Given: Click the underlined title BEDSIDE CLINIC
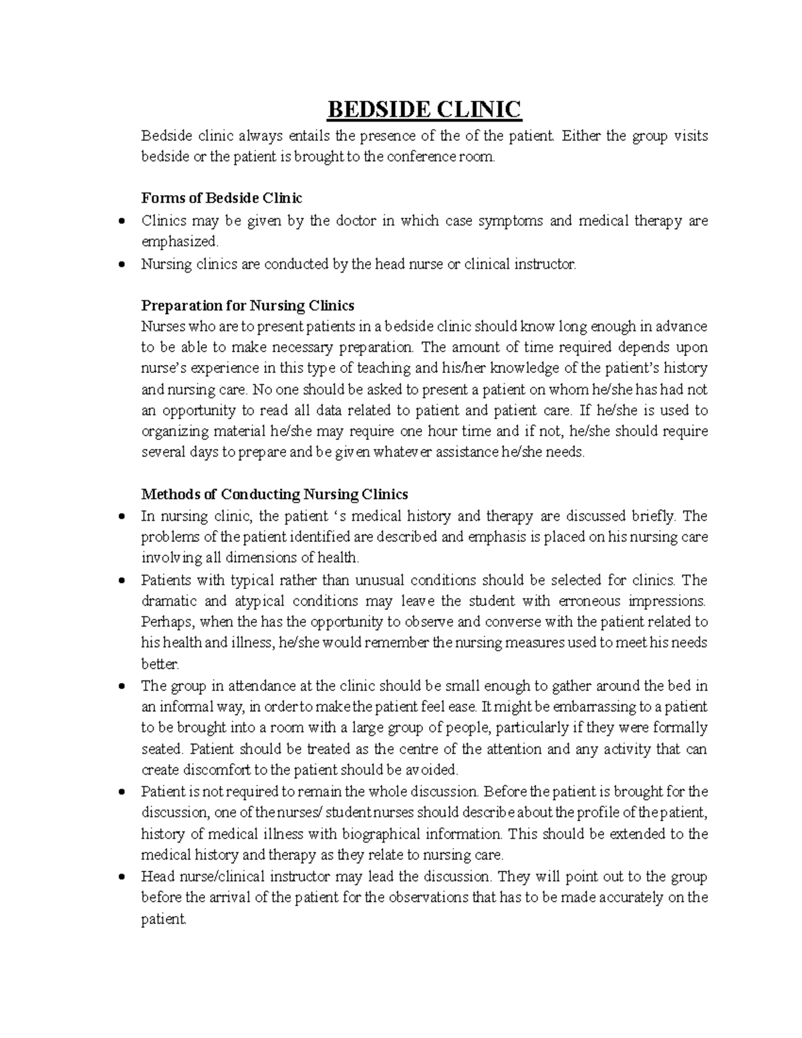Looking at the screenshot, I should (423, 109).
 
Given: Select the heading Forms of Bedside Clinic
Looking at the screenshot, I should (221, 199).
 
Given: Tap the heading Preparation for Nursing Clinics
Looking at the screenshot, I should (247, 305).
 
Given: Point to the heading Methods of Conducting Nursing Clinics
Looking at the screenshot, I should (274, 495).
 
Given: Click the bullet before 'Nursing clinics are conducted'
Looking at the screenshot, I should (121, 264).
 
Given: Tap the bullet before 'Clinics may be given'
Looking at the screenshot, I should (121, 221).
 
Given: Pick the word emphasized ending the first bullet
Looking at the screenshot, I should (179, 241).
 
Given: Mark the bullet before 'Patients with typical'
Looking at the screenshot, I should (121, 580).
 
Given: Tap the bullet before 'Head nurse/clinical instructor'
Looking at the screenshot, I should (121, 877).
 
